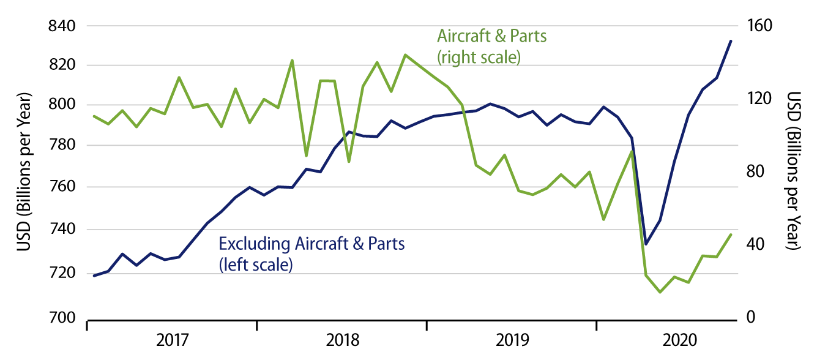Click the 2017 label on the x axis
pyautogui.click(x=172, y=340)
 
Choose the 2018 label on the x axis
pyautogui.click(x=341, y=340)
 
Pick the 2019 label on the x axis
pyautogui.click(x=511, y=340)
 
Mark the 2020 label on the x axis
pyautogui.click(x=680, y=340)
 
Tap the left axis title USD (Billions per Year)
pyautogui.click(x=24, y=172)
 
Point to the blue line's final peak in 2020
pyautogui.click(x=730, y=41)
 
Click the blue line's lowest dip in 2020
pyautogui.click(x=646, y=244)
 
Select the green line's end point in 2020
pyautogui.click(x=730, y=234)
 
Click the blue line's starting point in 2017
pyautogui.click(x=94, y=276)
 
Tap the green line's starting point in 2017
pyautogui.click(x=94, y=116)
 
